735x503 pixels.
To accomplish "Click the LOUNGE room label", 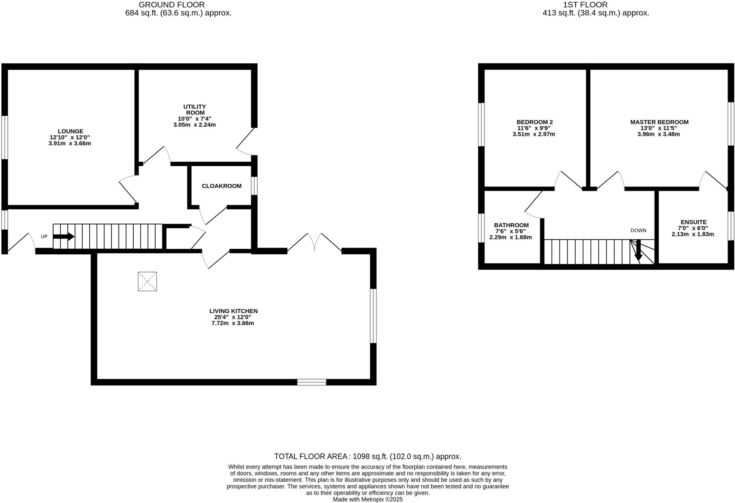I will [x=70, y=131].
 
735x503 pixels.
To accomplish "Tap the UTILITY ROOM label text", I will [x=195, y=109].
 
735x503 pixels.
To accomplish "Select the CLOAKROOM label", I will [x=221, y=186].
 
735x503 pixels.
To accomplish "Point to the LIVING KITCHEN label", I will [x=233, y=311].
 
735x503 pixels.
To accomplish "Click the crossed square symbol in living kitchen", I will [x=147, y=281].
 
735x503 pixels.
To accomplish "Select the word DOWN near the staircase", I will [x=638, y=230].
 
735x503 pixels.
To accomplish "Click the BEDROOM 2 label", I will [x=534, y=122].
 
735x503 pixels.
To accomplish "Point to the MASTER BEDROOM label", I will [x=659, y=122].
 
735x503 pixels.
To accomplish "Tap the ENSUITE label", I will [x=693, y=222].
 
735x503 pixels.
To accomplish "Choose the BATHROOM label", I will [x=511, y=225].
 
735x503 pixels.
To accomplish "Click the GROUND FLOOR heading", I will [x=172, y=5].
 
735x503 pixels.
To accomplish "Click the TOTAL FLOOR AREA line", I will [x=367, y=456].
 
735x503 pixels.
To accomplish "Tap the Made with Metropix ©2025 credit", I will [x=367, y=499].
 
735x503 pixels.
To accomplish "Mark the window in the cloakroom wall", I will [x=254, y=185].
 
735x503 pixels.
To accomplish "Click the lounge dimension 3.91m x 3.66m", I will [x=70, y=143].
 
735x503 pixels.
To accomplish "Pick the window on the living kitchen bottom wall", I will [x=312, y=382].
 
